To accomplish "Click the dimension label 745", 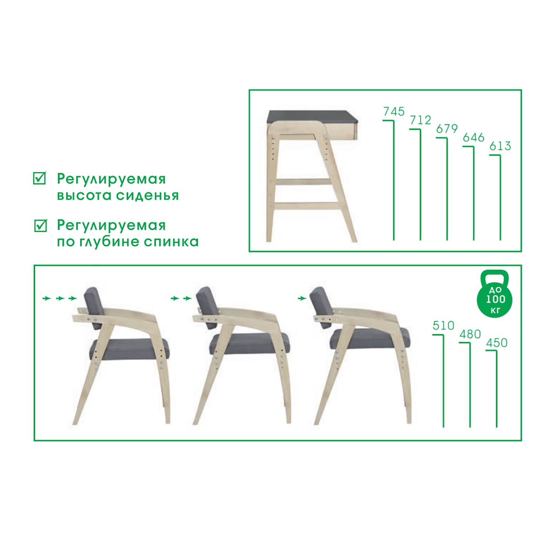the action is [x=394, y=112].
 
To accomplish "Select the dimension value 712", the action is [x=420, y=120].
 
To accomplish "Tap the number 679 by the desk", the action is [x=447, y=129].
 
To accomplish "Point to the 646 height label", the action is [x=473, y=137].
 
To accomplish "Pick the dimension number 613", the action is [x=500, y=146].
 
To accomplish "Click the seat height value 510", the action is [x=443, y=326].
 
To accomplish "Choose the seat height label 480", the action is [x=470, y=334].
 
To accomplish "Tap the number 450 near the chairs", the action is [x=496, y=343].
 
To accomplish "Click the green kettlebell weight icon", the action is [x=495, y=294].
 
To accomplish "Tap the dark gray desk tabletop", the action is [x=312, y=117].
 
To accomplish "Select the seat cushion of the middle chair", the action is [x=249, y=344].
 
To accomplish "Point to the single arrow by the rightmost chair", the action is [x=302, y=298].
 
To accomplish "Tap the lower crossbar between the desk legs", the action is [x=307, y=206].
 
